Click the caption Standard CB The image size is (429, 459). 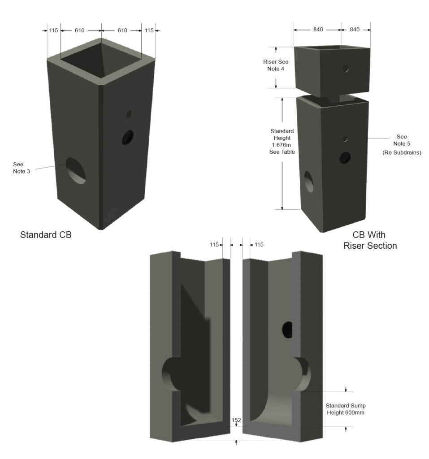[46, 234]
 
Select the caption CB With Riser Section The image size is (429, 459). [370, 240]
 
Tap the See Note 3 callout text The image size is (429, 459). [22, 168]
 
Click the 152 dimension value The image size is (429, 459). [236, 420]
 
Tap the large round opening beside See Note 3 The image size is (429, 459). [77, 170]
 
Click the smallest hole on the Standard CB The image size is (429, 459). [129, 114]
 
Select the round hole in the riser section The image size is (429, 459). [346, 69]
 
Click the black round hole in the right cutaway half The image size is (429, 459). [287, 329]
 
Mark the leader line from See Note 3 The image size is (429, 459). [49, 167]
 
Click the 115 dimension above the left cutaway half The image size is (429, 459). [214, 245]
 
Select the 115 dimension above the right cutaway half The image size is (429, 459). [259, 245]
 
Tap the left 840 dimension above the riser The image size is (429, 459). [318, 30]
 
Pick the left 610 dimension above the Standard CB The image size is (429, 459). [79, 30]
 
